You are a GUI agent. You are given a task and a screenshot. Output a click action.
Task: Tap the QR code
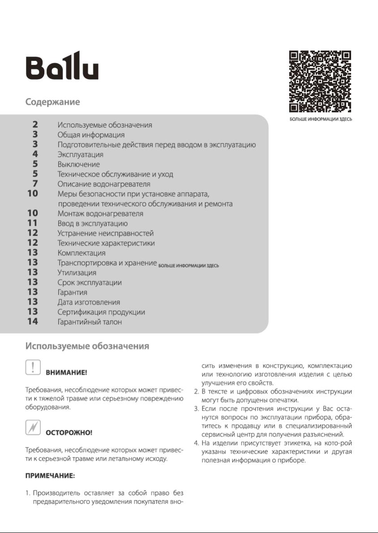coord(320,81)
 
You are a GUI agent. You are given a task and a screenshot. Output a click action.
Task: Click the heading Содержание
coord(52,102)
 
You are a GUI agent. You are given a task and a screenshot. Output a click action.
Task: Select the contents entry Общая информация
coord(91,135)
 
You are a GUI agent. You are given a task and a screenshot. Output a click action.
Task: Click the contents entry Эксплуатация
coord(80,154)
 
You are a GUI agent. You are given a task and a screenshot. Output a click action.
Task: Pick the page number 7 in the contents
coord(35,183)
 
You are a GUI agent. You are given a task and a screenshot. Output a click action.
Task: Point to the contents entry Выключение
coord(78,164)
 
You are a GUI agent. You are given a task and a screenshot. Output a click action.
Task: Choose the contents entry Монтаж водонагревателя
coord(100,213)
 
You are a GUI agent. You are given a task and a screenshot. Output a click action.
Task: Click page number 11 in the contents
coord(33,223)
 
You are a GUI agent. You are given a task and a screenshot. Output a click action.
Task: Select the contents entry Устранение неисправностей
coord(105,233)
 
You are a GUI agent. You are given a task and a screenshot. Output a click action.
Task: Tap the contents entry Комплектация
coord(82,253)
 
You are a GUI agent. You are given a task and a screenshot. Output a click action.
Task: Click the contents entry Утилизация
coord(77,272)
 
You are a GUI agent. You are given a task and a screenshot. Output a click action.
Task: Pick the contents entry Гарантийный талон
coord(90,321)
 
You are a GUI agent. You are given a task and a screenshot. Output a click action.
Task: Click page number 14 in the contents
coord(33,321)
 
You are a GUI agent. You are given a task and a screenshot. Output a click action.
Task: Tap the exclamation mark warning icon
coord(33,367)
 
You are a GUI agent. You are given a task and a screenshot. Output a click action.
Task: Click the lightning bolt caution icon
coord(33,427)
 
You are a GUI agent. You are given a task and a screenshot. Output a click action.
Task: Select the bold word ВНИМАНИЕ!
coord(67,372)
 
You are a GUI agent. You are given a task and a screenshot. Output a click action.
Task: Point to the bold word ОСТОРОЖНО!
coord(69,433)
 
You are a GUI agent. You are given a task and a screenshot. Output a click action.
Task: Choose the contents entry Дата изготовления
coord(89,302)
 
